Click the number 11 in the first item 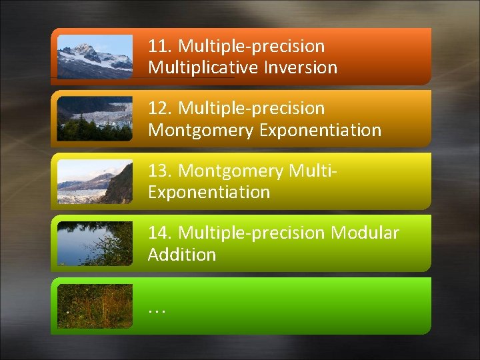(x=159, y=47)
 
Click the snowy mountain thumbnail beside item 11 (x=95, y=57)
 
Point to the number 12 (x=161, y=109)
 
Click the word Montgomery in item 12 (x=201, y=130)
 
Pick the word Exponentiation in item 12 (x=320, y=130)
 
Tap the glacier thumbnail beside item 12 (x=95, y=119)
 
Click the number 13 (x=161, y=171)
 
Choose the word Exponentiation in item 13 (x=209, y=193)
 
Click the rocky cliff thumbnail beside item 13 (x=95, y=181)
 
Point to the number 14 (x=161, y=233)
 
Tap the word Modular (x=365, y=233)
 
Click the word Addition (x=182, y=255)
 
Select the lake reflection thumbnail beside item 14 (x=95, y=243)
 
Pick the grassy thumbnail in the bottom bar (x=95, y=306)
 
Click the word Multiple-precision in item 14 (x=252, y=233)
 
